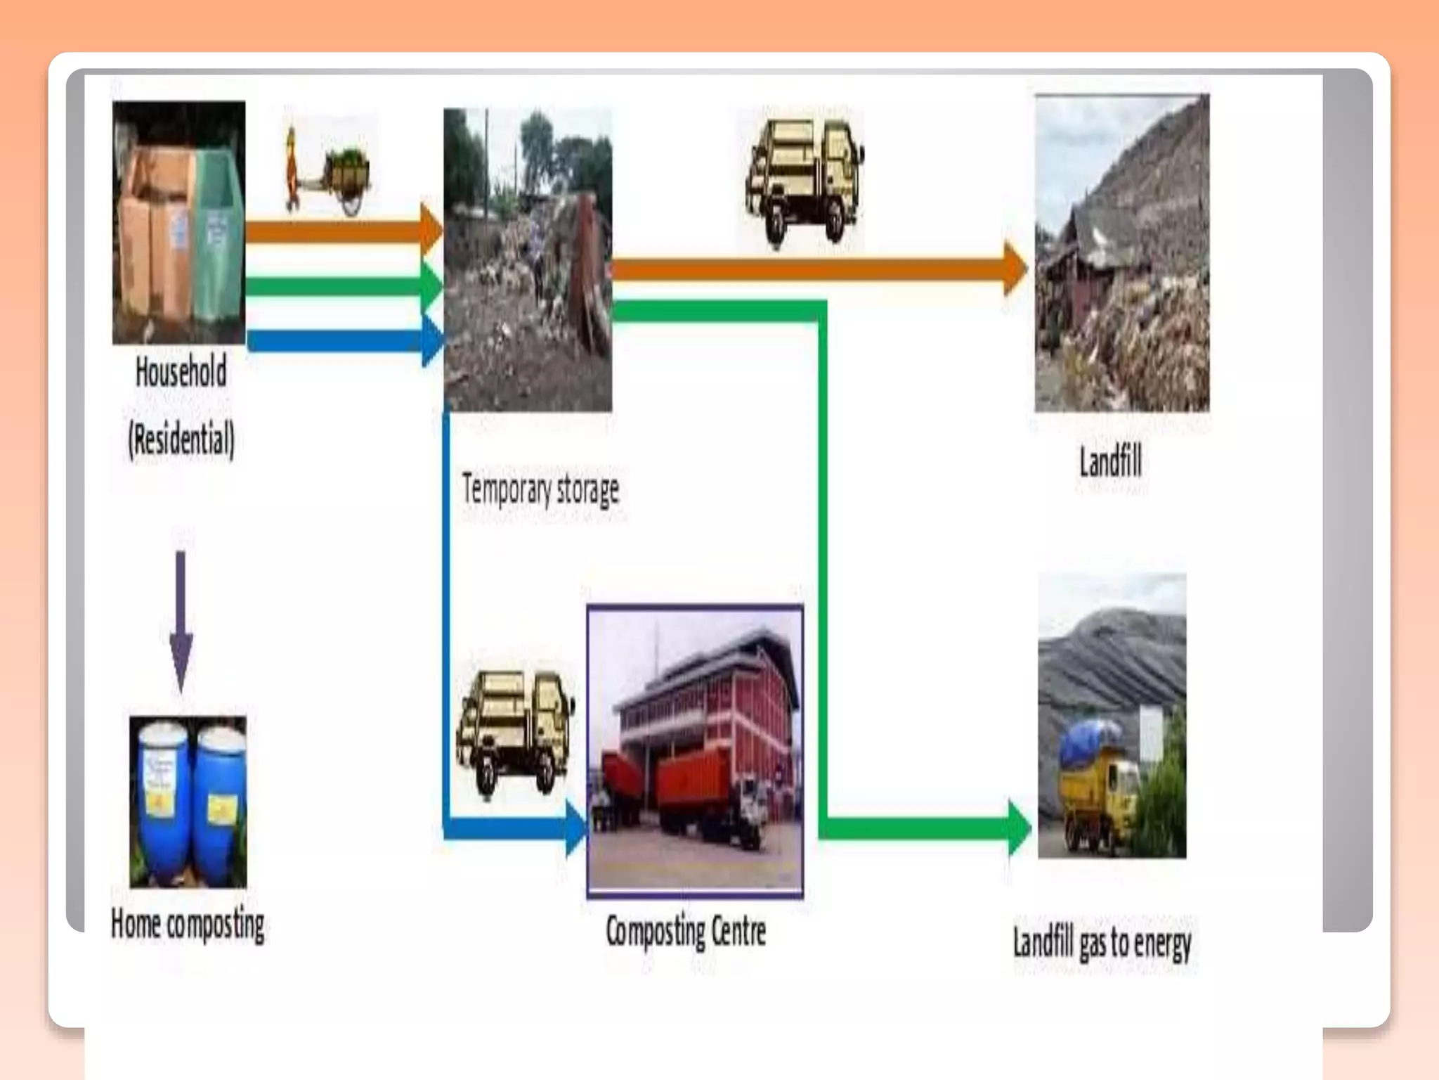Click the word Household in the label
181,372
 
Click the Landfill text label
1110,462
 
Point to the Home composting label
188,924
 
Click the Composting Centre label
686,931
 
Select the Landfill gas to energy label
1101,943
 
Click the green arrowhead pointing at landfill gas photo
1020,828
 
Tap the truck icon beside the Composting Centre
515,731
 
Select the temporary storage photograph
528,260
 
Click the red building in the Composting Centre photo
710,710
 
